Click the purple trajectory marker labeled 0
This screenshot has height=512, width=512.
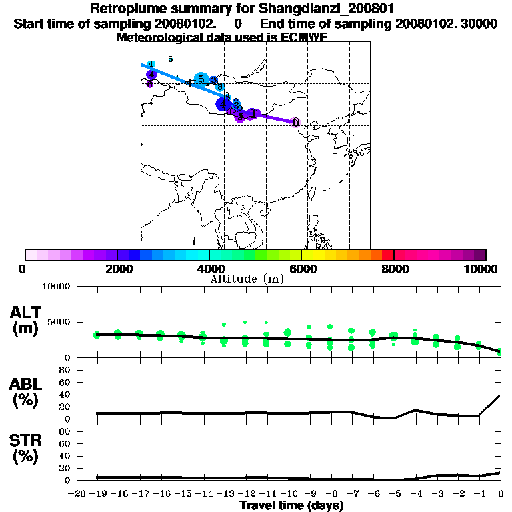[x=296, y=123]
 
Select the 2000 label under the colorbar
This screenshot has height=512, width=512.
[x=117, y=269]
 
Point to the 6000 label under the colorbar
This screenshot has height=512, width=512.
[x=301, y=269]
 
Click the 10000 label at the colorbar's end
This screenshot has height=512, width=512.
[x=480, y=269]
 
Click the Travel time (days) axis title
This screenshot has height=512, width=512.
[x=291, y=506]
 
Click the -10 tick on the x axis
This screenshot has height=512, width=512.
[x=289, y=494]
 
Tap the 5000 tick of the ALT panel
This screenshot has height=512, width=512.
[x=61, y=323]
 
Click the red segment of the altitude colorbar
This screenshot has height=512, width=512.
[x=387, y=255]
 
